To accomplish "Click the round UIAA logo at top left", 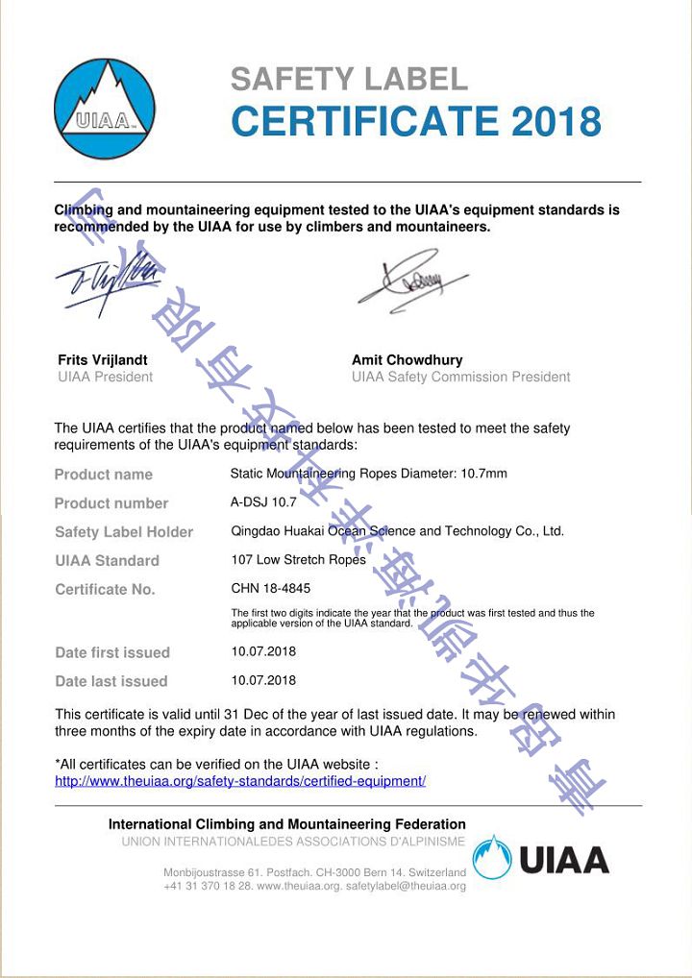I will (104, 109).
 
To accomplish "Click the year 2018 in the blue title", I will (556, 122).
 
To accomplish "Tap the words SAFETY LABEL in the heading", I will (349, 79).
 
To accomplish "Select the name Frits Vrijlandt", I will (103, 360).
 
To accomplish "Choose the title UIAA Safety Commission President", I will (460, 377).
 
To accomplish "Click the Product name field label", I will (103, 475).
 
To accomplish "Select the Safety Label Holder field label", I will (124, 532).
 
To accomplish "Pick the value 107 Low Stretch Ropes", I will (299, 559).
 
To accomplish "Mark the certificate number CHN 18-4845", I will (271, 588).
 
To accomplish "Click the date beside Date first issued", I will (263, 650).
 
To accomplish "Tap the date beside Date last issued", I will (263, 679).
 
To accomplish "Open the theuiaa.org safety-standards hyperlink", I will (240, 781).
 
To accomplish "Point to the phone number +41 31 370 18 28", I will (208, 886).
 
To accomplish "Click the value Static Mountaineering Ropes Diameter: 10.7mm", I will (368, 474).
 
